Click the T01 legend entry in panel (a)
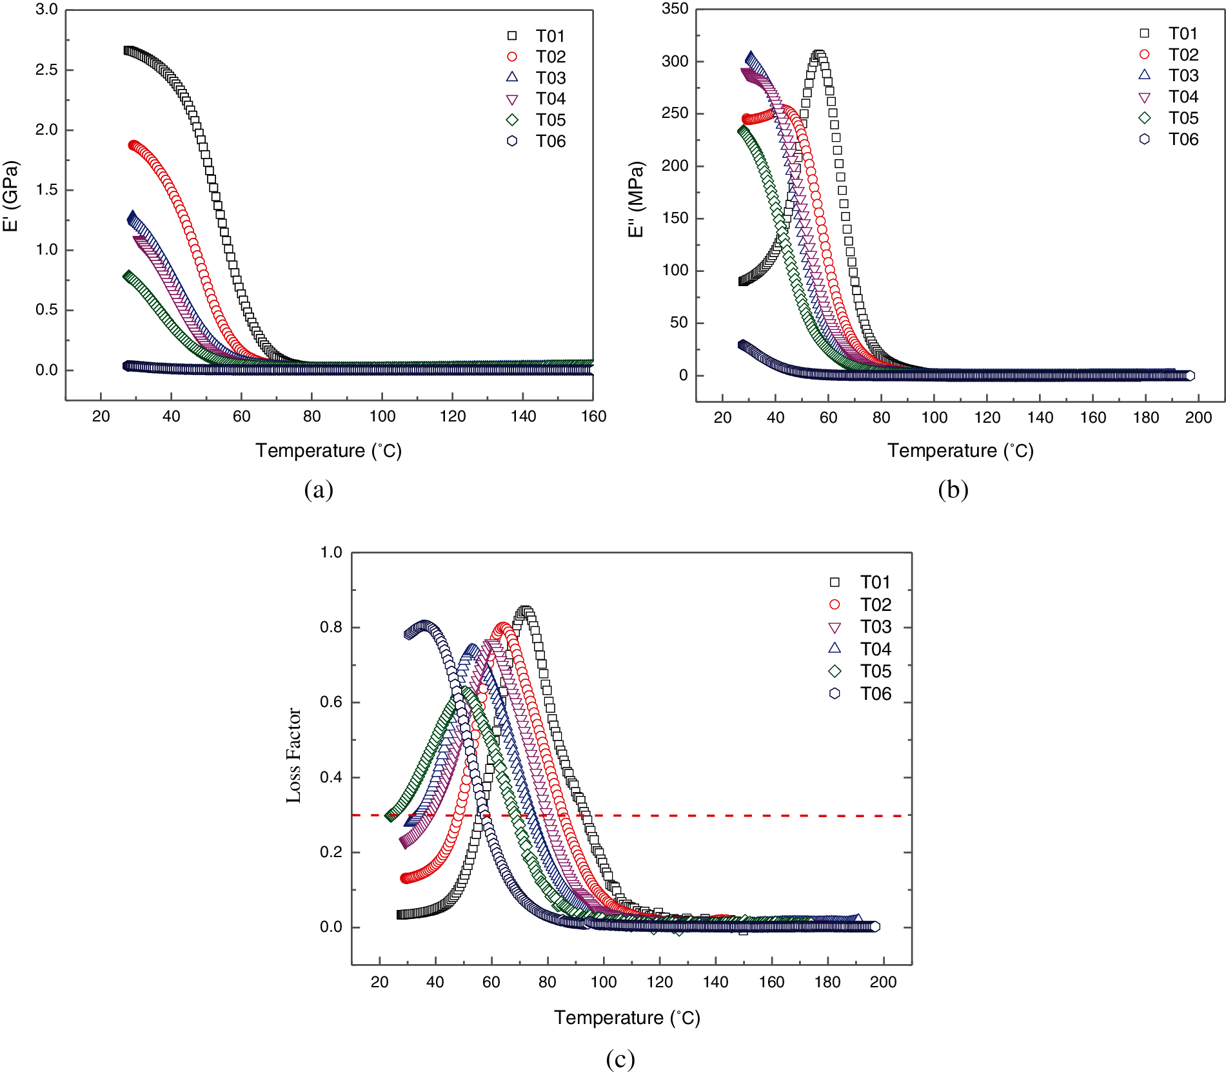point(549,36)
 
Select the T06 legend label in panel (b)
point(1183,139)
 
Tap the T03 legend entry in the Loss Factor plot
point(875,627)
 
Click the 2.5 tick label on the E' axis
point(46,70)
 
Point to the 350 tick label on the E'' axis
point(675,9)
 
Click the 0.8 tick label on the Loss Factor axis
point(331,627)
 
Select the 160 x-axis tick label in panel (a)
point(593,416)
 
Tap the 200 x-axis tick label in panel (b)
point(1198,418)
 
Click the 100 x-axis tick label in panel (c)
point(603,982)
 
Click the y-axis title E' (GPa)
point(11,196)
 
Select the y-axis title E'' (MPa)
point(637,199)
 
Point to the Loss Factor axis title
point(294,755)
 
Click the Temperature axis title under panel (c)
point(627,1018)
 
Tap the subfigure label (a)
point(319,490)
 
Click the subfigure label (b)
point(953,490)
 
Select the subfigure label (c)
point(620,1059)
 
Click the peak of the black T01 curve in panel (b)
point(818,55)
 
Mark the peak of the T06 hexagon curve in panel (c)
point(424,624)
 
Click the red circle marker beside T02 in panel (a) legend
point(512,57)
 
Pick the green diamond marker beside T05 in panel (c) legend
point(835,672)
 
